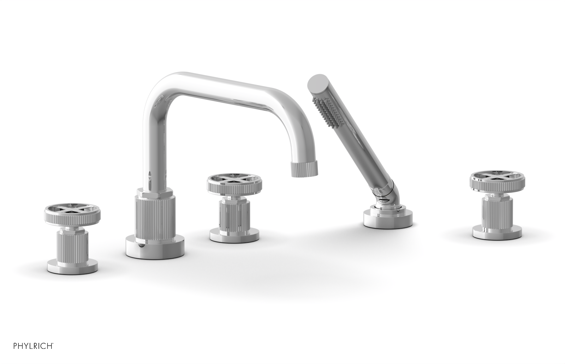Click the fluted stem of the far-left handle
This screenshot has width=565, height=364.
pyautogui.click(x=66, y=244)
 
